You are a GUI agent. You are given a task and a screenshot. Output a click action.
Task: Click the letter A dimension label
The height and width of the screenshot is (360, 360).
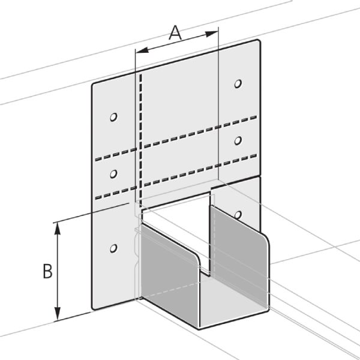[175, 33]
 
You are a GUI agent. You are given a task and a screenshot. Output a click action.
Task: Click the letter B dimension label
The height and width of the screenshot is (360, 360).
[47, 272]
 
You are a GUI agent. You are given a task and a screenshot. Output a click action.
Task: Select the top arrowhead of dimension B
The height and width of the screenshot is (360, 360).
[58, 226]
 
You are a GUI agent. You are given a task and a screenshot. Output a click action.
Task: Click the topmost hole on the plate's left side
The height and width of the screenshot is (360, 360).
[114, 117]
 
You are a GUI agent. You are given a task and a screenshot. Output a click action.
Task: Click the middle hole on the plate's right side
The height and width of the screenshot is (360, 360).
[238, 140]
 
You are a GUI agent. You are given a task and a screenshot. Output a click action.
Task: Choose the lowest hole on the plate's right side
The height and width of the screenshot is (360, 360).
[238, 214]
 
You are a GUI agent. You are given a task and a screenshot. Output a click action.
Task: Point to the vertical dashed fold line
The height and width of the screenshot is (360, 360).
[140, 132]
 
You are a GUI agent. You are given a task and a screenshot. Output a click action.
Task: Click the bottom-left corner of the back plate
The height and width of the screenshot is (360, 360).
[94, 308]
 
